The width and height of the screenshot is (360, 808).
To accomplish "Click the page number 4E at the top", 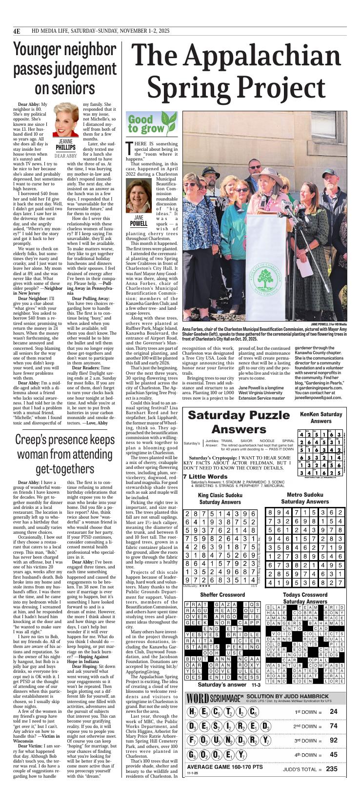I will (17, 32).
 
